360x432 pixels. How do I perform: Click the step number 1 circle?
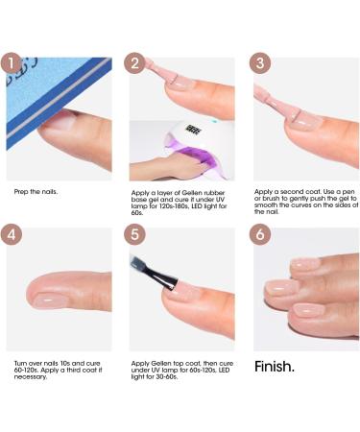click(x=12, y=63)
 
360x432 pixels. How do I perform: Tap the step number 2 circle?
click(x=134, y=63)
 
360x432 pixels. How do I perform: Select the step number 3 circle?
click(x=260, y=63)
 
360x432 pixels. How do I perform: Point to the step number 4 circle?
click(x=12, y=234)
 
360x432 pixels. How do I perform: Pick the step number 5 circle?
click(x=134, y=234)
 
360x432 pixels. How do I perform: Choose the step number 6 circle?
click(x=260, y=234)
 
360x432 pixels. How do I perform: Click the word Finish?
click(x=275, y=367)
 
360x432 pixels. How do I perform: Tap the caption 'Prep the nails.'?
click(x=36, y=192)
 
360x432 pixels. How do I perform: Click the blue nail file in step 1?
click(x=58, y=96)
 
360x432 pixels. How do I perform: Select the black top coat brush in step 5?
click(x=154, y=272)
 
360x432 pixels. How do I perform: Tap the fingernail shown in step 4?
click(x=51, y=300)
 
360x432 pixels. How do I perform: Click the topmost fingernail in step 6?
click(x=304, y=264)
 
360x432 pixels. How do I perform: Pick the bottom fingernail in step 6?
click(x=306, y=310)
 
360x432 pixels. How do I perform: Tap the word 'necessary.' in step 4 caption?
click(x=31, y=377)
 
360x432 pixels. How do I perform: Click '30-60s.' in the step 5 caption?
click(x=165, y=377)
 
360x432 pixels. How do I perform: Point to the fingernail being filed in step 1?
click(x=60, y=120)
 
